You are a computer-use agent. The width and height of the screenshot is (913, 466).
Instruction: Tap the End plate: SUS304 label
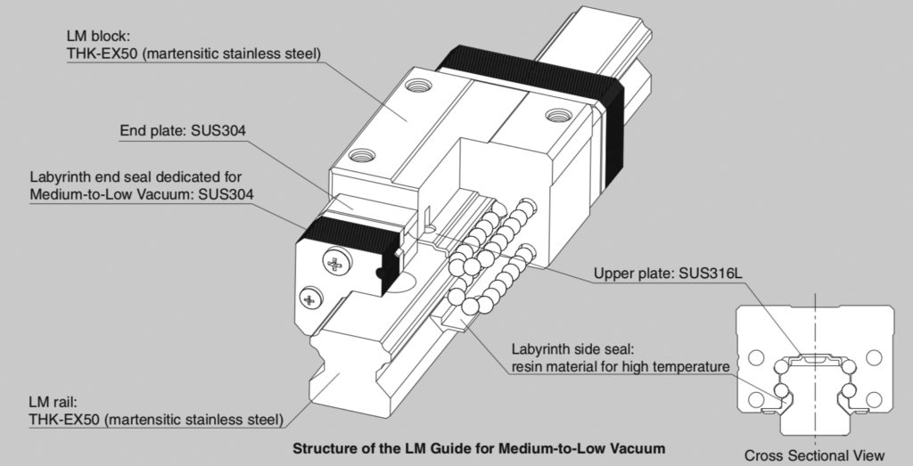coord(183,132)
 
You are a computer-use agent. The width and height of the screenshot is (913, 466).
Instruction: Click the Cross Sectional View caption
coord(815,455)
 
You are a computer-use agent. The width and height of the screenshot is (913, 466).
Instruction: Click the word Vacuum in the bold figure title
coord(637,444)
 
